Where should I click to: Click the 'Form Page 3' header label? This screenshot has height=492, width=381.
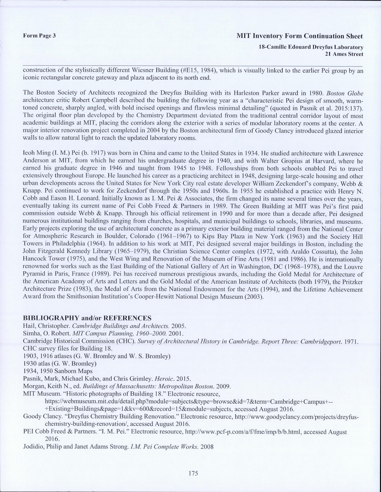(x=39, y=36)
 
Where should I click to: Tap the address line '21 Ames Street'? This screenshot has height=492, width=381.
(x=343, y=54)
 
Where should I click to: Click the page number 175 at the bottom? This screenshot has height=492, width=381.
(x=193, y=473)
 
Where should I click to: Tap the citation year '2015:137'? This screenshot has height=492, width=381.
(x=349, y=108)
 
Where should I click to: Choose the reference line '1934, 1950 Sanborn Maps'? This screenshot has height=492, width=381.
(x=58, y=371)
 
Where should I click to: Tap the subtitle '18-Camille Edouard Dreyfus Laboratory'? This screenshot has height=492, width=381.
(x=311, y=47)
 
